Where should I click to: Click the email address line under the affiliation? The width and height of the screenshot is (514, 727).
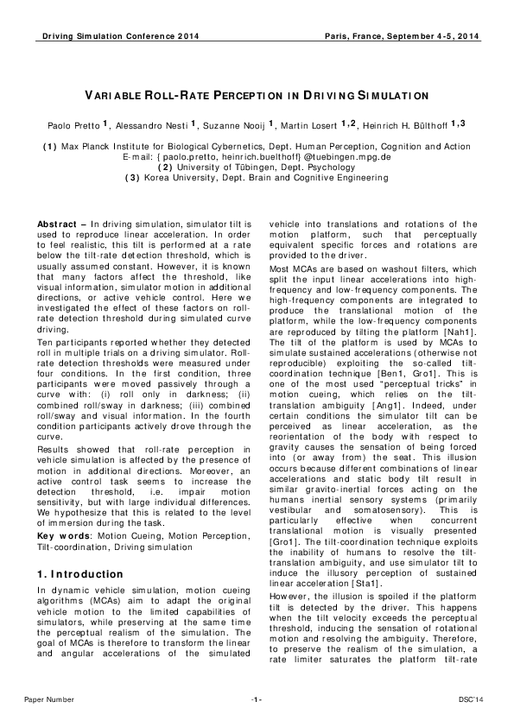[257, 159]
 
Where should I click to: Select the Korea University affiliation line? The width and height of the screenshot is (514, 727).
[257, 178]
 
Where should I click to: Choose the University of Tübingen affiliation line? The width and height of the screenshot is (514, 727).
[257, 168]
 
